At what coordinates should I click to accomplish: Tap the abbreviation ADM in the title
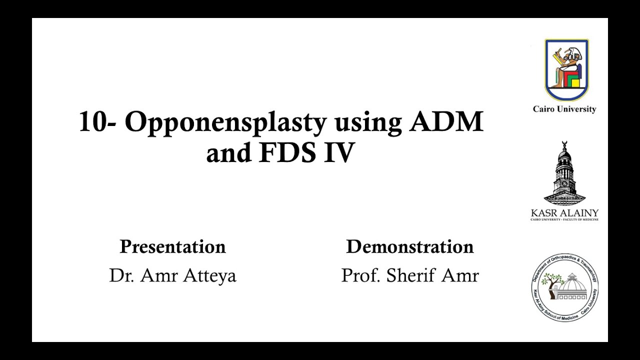(x=446, y=121)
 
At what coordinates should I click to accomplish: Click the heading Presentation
(x=172, y=246)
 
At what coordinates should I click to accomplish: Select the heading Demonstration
(x=409, y=246)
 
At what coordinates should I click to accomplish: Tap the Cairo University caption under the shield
(x=564, y=109)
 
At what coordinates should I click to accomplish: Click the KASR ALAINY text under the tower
(x=564, y=213)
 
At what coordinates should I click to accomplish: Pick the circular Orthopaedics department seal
(x=565, y=287)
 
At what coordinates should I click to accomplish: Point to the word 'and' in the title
(x=228, y=153)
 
